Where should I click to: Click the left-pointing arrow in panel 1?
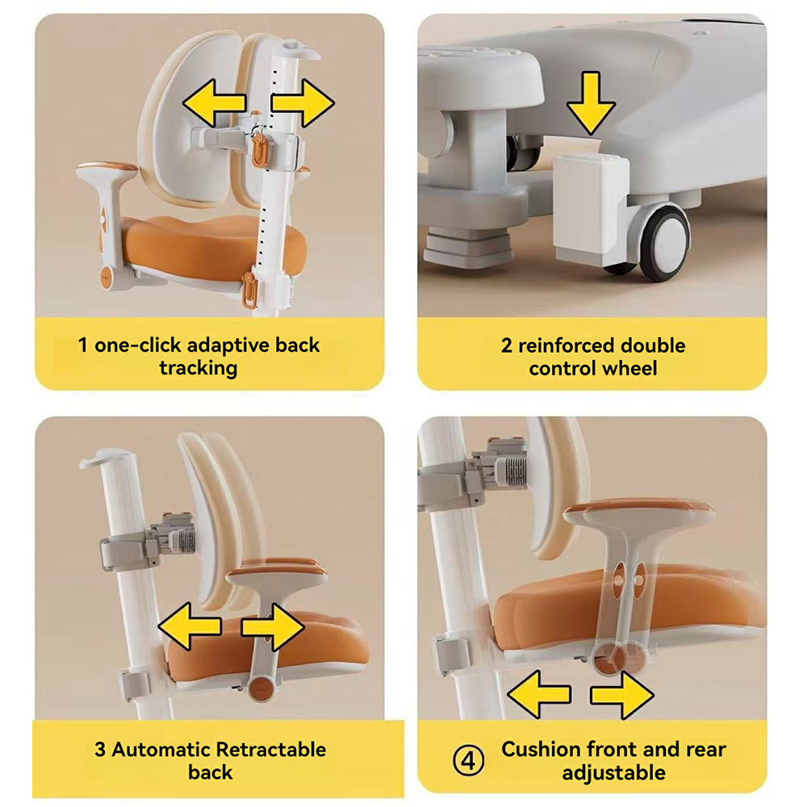point(213,103)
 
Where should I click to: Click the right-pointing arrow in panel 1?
point(303,103)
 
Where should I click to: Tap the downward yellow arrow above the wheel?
point(591,104)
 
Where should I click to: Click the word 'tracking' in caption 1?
point(199,369)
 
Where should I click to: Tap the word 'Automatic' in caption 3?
point(161,750)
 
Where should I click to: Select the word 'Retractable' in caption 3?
point(270,750)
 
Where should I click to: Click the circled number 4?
point(468,760)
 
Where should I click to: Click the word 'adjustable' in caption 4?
point(613,772)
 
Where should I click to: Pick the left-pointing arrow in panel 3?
point(189,626)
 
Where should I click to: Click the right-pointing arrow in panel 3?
point(273,626)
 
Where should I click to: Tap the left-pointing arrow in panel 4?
point(539,694)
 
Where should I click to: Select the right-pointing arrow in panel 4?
point(622,694)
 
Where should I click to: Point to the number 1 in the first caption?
point(83,345)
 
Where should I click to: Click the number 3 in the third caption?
point(100,750)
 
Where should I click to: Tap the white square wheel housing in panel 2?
point(591,209)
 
